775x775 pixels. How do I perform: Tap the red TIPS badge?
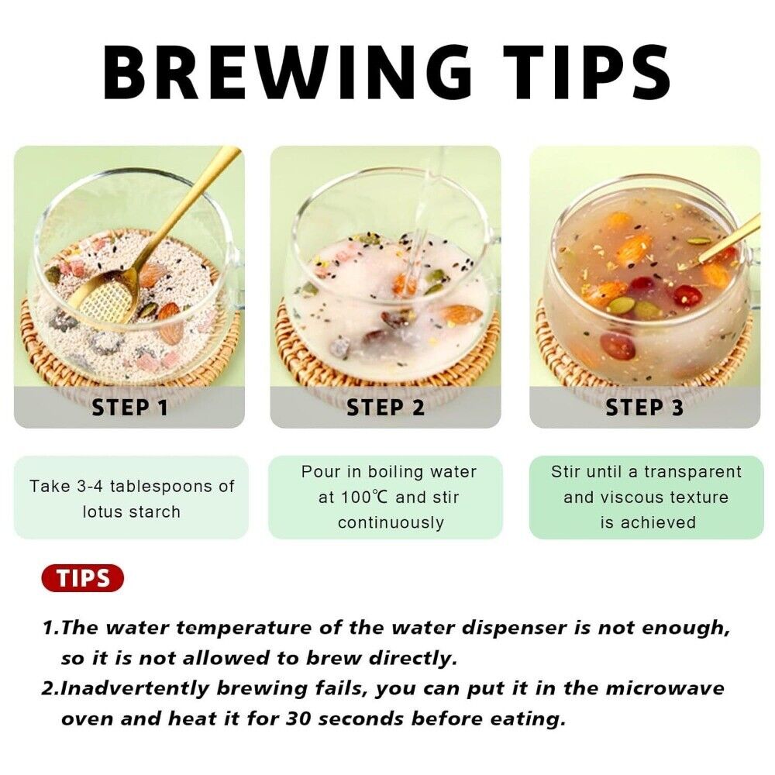click(x=83, y=578)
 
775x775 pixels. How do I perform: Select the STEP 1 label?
click(x=130, y=408)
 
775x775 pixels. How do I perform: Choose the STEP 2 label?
click(x=385, y=408)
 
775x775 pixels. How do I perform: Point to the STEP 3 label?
click(x=645, y=408)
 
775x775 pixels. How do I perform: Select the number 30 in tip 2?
click(x=298, y=718)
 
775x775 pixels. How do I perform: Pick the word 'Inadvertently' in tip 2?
click(x=134, y=688)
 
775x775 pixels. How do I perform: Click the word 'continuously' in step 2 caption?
click(x=391, y=522)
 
